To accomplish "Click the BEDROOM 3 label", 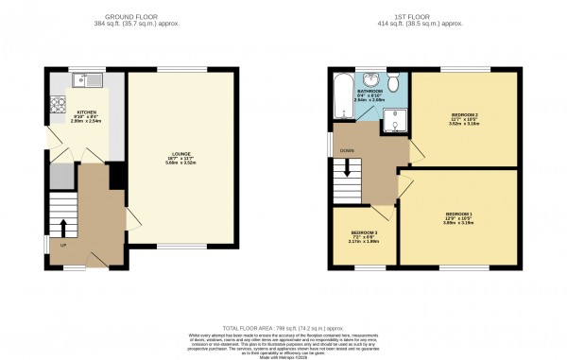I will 364,231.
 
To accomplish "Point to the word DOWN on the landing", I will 349,149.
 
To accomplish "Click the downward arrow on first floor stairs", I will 350,171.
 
